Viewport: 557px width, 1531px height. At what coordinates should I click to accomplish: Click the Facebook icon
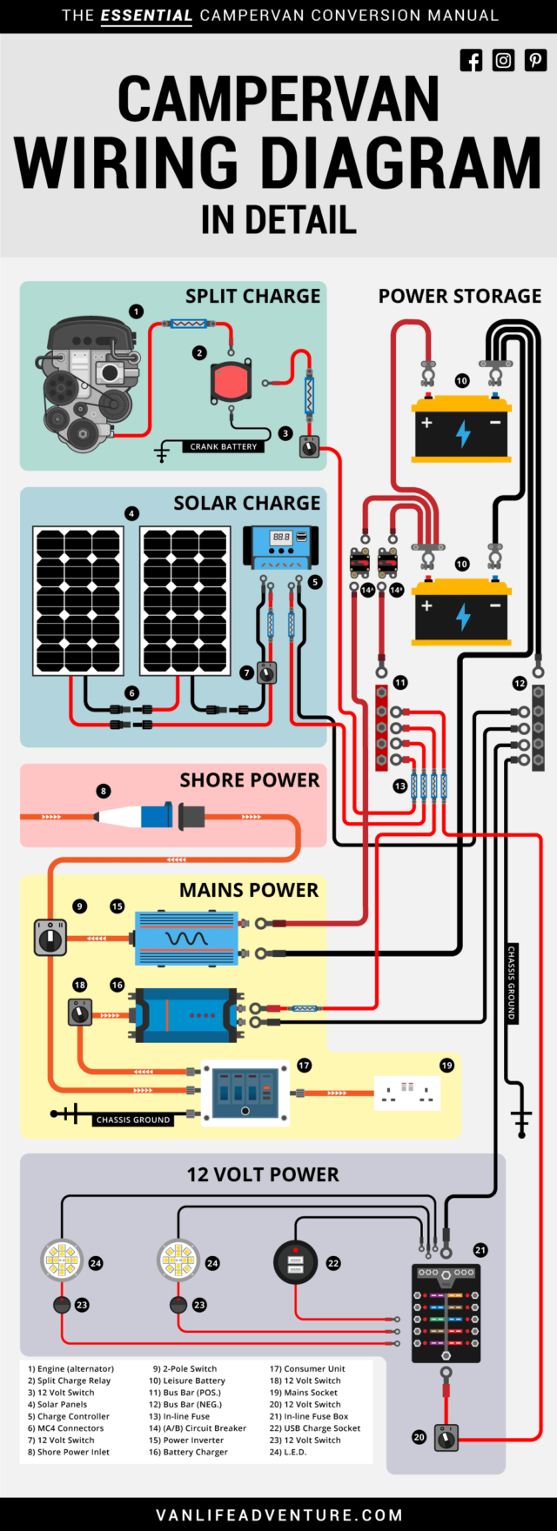click(x=471, y=60)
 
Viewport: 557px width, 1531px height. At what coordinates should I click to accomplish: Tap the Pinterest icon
click(x=535, y=60)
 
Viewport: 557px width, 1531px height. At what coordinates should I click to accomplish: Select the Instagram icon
click(x=503, y=60)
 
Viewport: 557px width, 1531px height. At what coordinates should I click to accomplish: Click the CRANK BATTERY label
click(x=224, y=446)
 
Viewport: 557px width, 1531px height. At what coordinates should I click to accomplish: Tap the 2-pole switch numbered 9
click(x=50, y=938)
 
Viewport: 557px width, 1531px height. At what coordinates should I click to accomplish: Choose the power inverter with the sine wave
click(x=186, y=938)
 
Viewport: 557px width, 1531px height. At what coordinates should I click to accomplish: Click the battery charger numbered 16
click(x=184, y=1014)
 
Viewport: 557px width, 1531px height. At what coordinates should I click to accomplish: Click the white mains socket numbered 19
click(x=407, y=1093)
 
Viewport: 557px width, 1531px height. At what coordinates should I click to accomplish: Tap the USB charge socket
click(x=296, y=1263)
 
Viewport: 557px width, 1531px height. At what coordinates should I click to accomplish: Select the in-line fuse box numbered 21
click(x=446, y=1314)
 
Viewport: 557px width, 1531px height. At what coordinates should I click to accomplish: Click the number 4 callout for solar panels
click(x=131, y=513)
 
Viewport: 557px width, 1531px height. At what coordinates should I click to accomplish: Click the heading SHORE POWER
click(x=249, y=780)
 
